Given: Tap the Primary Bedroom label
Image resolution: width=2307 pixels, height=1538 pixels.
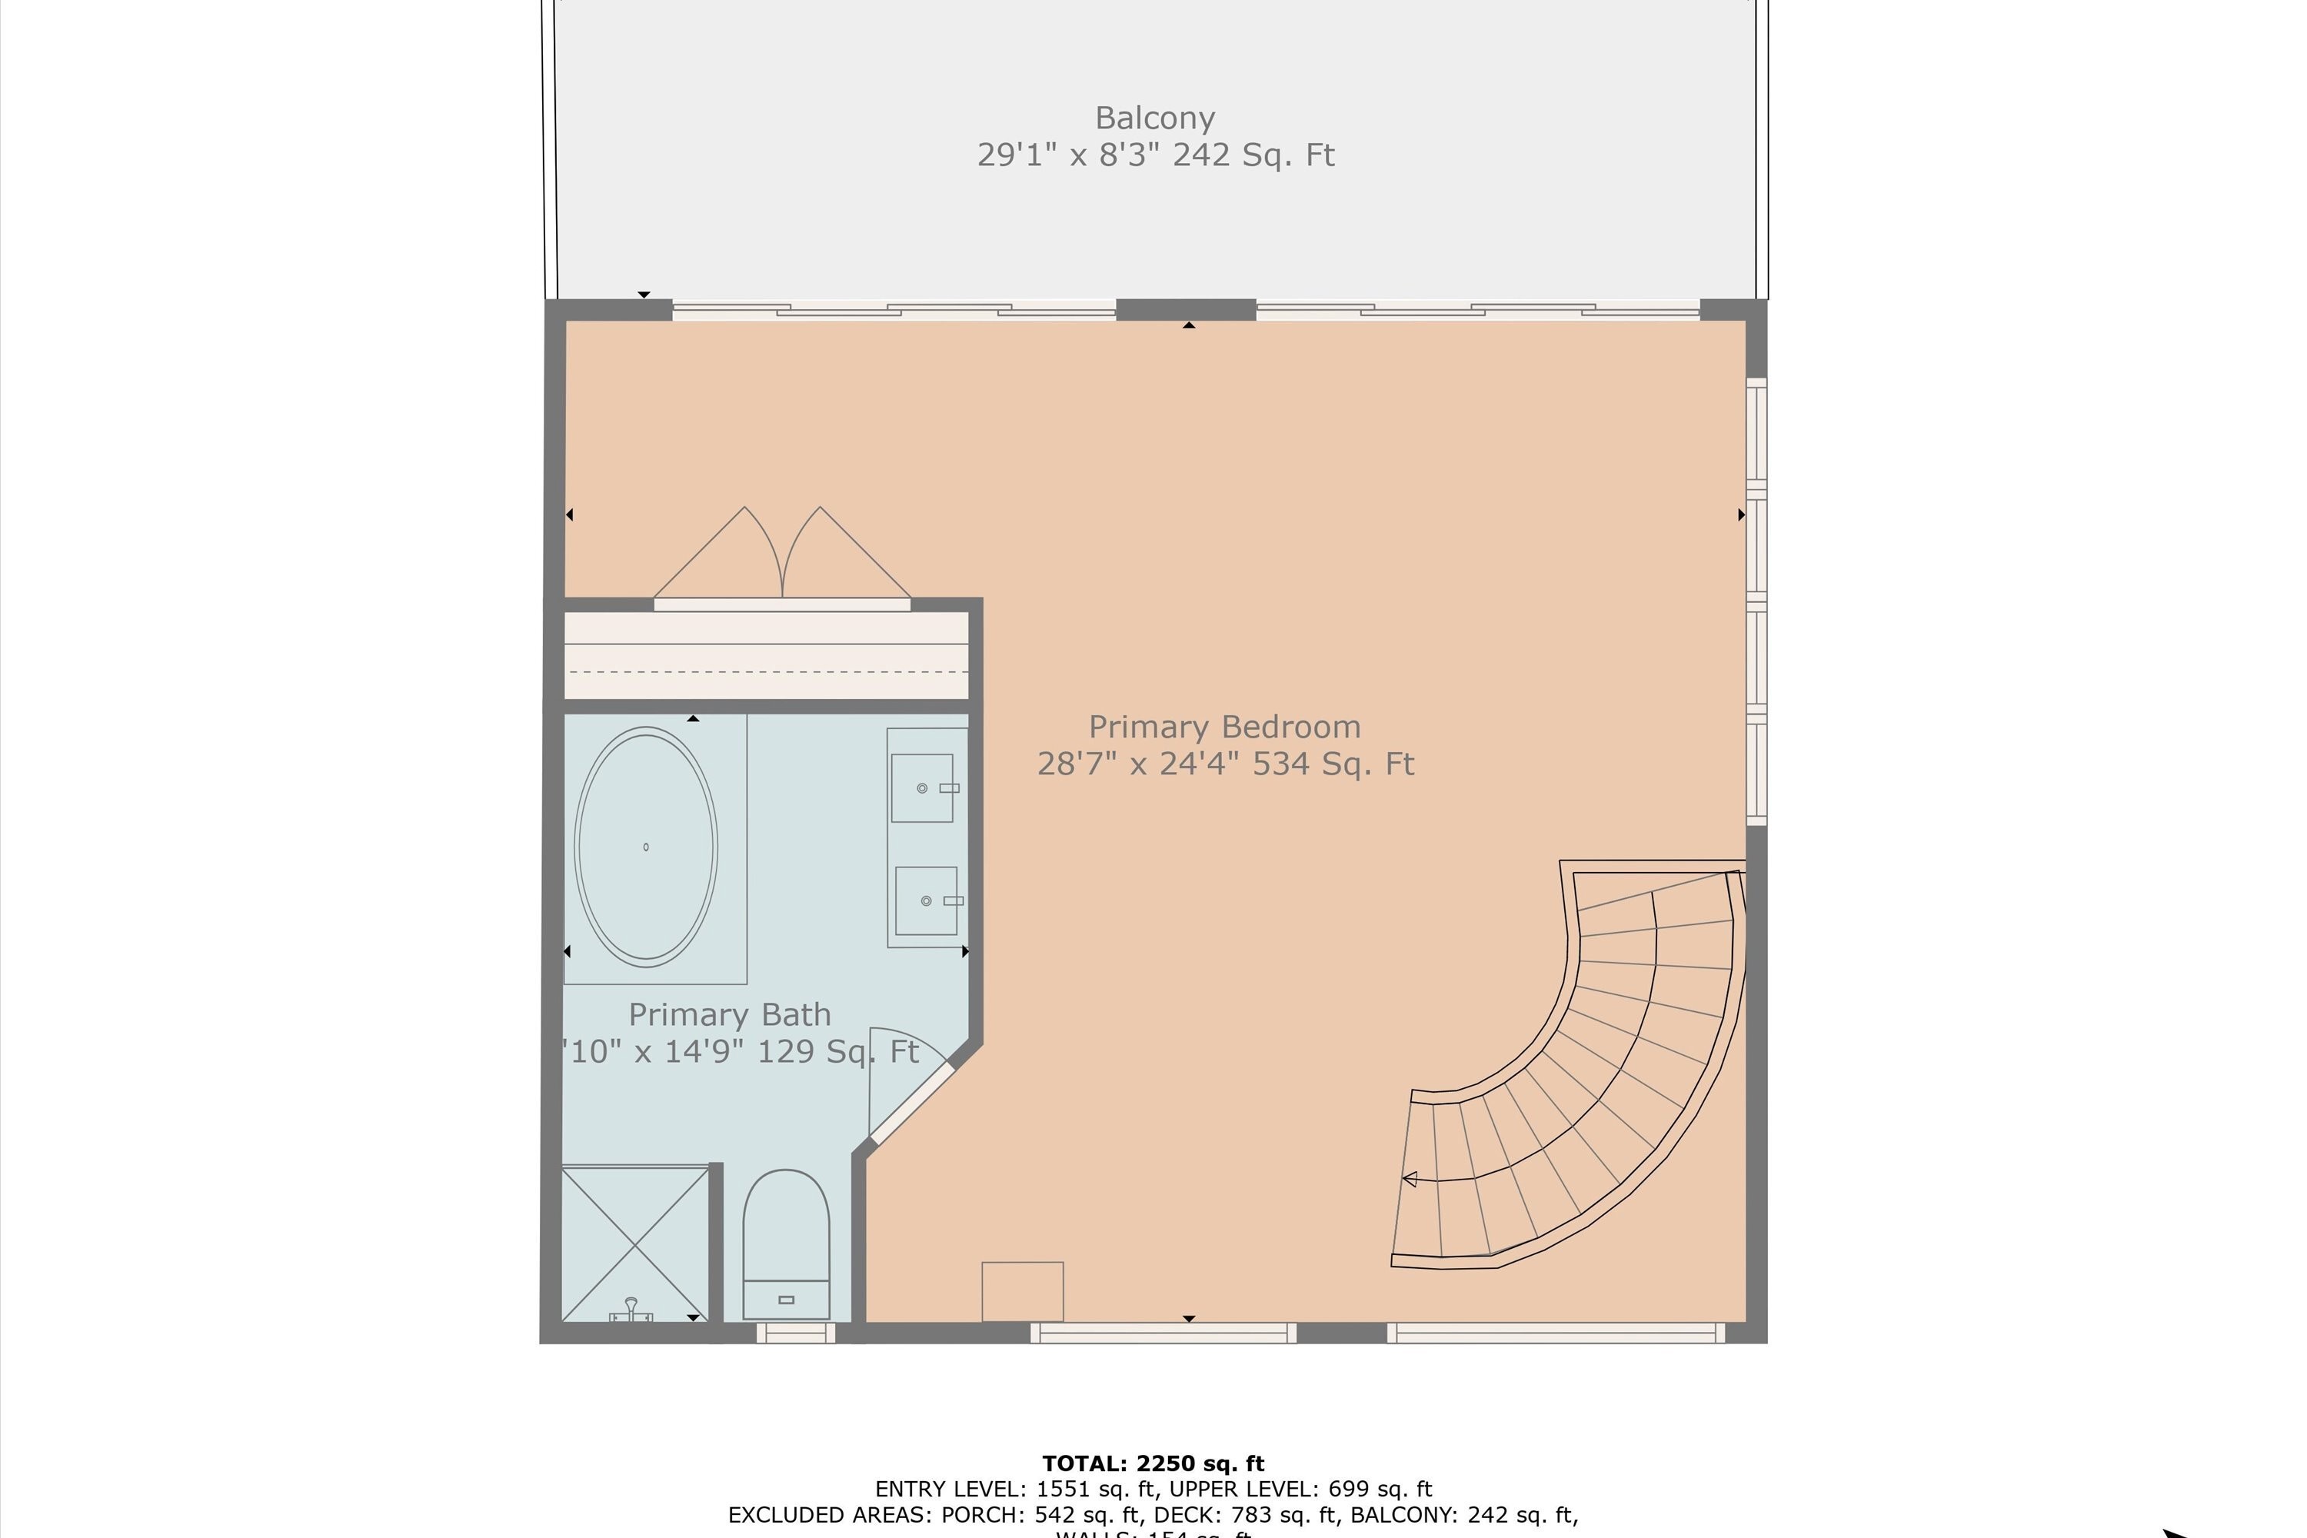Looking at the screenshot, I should [1224, 727].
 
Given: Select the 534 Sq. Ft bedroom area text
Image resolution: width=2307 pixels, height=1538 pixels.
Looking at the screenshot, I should [1332, 764].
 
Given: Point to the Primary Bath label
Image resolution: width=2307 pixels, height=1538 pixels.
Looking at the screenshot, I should [729, 1014].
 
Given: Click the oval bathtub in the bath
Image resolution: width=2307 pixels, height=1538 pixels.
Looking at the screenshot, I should [645, 847].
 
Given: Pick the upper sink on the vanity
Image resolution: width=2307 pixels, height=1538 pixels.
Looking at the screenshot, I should [922, 787].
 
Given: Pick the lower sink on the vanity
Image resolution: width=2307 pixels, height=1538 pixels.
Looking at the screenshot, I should [925, 900].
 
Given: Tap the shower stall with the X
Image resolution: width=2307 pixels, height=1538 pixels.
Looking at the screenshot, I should [634, 1243].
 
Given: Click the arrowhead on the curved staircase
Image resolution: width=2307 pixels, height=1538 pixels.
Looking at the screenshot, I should [1410, 1179].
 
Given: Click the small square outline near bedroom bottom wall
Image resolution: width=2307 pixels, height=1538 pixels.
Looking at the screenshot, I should [1022, 1291].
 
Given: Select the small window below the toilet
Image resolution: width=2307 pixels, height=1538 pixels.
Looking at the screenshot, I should [795, 1333].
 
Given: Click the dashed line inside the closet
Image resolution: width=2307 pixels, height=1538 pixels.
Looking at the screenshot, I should [765, 672].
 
